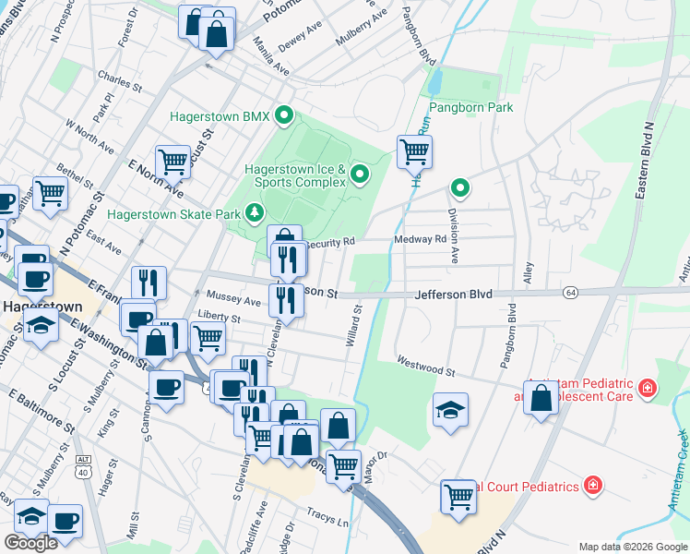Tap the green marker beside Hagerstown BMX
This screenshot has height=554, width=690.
click(x=285, y=116)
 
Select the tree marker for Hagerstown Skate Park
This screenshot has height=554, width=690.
click(x=256, y=213)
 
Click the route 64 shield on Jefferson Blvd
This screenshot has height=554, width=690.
click(x=573, y=292)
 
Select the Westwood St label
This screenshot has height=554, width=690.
click(x=426, y=365)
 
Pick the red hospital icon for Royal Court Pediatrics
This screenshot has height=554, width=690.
click(x=591, y=485)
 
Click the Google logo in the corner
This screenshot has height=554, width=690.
click(x=31, y=543)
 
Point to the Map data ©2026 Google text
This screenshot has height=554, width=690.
click(x=633, y=547)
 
